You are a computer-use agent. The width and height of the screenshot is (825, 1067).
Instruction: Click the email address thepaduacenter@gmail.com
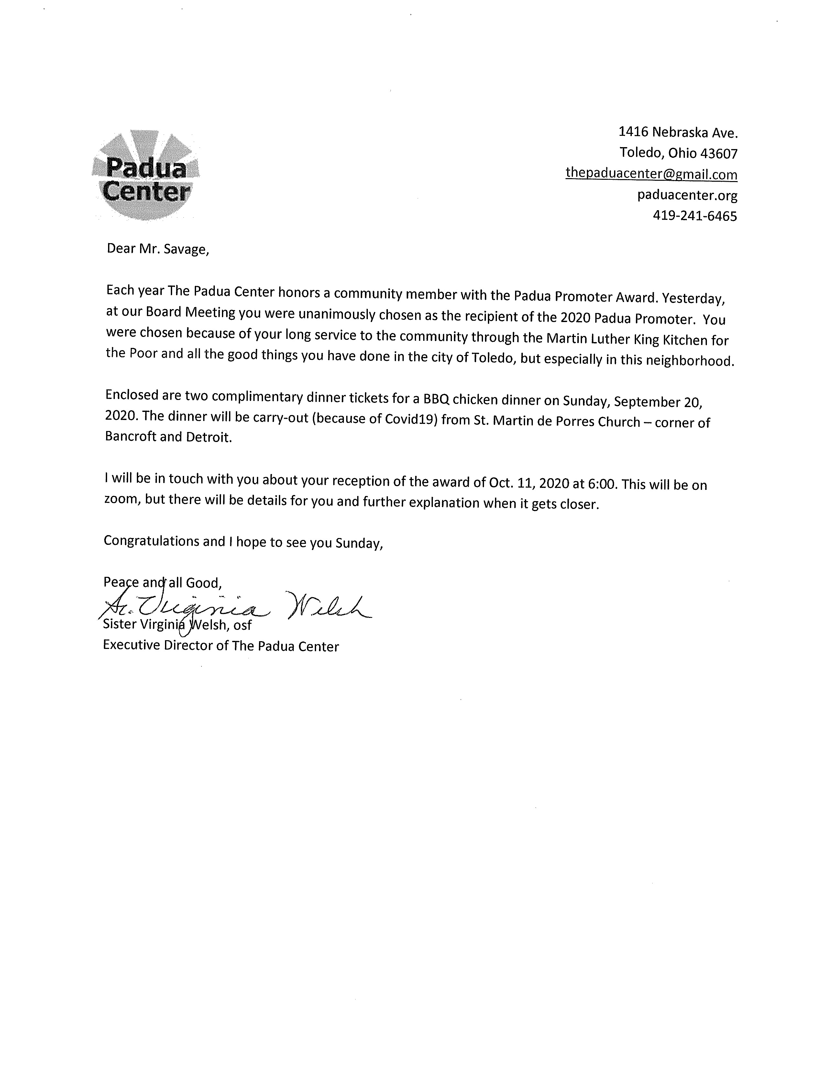click(x=651, y=174)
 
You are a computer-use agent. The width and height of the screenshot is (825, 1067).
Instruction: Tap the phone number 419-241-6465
click(x=695, y=216)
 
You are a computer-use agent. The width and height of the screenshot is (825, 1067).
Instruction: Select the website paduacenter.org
click(x=687, y=195)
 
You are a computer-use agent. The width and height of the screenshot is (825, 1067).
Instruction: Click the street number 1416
click(x=633, y=132)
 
